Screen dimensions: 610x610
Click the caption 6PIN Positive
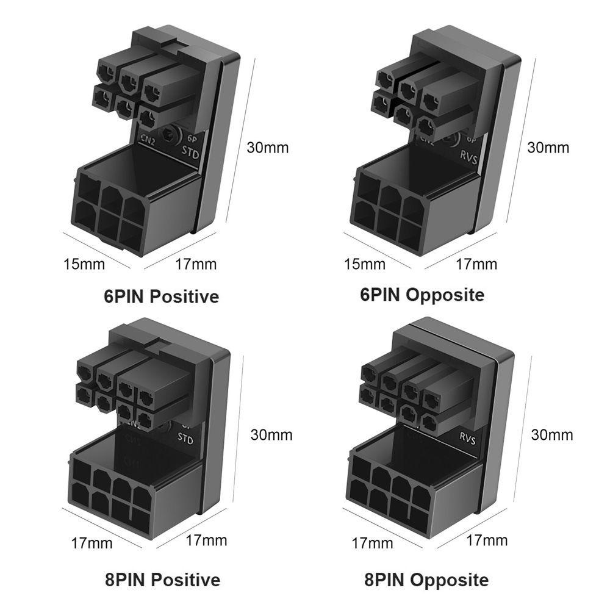pyautogui.click(x=161, y=297)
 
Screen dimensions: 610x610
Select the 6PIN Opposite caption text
pyautogui.click(x=422, y=295)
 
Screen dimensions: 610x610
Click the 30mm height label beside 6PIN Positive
pyautogui.click(x=267, y=148)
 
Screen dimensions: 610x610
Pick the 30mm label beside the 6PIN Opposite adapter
pyautogui.click(x=547, y=148)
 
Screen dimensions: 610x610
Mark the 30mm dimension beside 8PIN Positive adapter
pyautogui.click(x=271, y=435)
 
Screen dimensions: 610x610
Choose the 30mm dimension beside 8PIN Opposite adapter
pyautogui.click(x=551, y=435)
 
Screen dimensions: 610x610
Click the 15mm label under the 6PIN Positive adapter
pyautogui.click(x=84, y=264)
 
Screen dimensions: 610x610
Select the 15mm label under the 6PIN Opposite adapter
pyautogui.click(x=364, y=264)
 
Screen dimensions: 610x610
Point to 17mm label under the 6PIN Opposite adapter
pyautogui.click(x=476, y=264)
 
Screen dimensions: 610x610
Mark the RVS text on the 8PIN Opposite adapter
pyautogui.click(x=467, y=437)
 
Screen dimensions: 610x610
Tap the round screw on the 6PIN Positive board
pyautogui.click(x=168, y=135)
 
